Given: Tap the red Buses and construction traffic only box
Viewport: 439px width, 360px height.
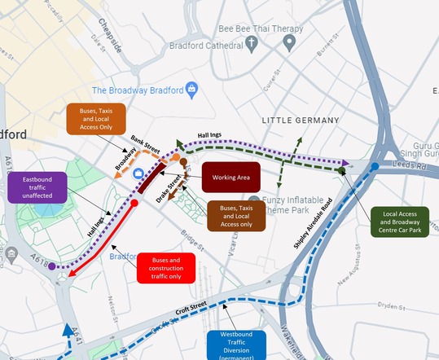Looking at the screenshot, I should pos(166,268).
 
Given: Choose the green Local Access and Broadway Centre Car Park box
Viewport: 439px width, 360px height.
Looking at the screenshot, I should pos(404,222).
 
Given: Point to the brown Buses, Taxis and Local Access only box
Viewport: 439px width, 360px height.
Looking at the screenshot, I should pos(235,216).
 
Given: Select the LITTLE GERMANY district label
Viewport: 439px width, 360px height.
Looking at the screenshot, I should pos(300,121).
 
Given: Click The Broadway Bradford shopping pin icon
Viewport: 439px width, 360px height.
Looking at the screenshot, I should pos(191,89).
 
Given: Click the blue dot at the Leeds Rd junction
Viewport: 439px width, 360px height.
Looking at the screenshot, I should pos(375,166).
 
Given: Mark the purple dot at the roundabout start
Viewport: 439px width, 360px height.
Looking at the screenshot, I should pos(52,266).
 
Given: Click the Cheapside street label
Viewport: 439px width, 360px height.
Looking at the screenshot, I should pos(110,36).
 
